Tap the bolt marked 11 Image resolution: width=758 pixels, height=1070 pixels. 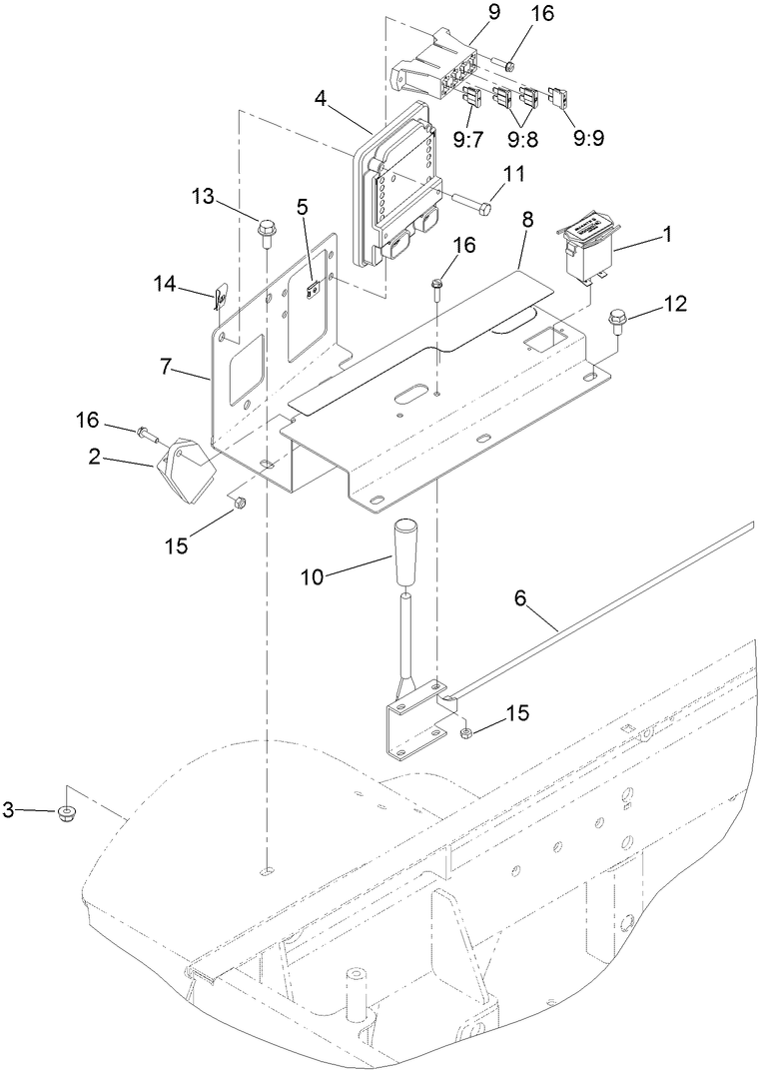click(x=471, y=205)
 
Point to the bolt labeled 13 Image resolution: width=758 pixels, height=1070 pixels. click(x=267, y=232)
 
